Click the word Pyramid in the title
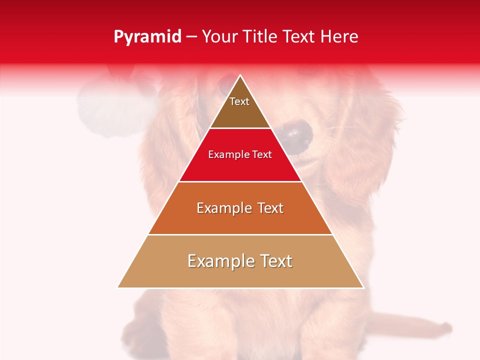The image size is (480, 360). click(147, 37)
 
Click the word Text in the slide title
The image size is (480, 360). click(303, 37)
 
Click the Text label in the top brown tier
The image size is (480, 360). click(239, 101)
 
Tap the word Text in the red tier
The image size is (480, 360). click(262, 155)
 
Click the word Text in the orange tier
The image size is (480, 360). click(269, 208)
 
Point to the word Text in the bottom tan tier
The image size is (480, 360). click(276, 261)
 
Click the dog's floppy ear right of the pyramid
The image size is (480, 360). click(370, 130)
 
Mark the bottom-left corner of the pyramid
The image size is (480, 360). click(118, 287)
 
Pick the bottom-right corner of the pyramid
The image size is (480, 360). click(363, 287)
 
